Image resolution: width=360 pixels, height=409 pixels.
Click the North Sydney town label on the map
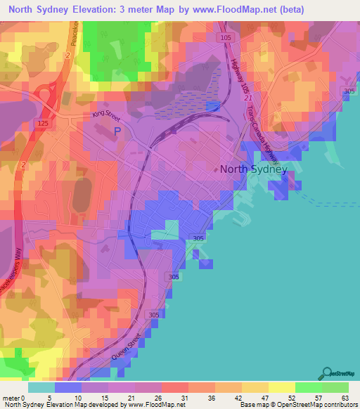pos(254,169)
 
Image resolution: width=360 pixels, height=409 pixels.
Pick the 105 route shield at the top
pos(225,37)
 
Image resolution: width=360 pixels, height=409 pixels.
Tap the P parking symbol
pos(117,131)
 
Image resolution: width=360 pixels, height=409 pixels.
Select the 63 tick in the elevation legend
pos(346,398)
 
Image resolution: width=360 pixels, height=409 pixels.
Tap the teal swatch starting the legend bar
pos(41,387)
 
